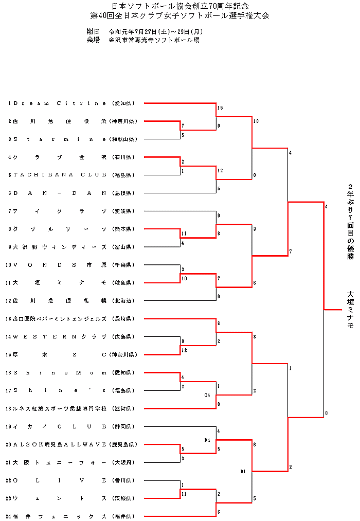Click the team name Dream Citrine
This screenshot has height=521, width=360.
coord(60,103)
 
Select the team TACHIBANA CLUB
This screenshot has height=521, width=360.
coord(60,175)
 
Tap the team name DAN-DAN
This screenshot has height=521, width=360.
coord(60,193)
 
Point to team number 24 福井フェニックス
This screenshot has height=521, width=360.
coord(60,516)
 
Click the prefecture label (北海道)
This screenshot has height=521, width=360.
coord(123,300)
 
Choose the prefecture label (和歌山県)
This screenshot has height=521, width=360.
coord(123,139)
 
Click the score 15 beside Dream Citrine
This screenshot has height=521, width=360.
coord(220,108)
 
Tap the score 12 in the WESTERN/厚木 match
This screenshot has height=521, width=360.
coord(184,350)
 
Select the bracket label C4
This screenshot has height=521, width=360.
coord(207,395)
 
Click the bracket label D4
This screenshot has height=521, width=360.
coord(207,440)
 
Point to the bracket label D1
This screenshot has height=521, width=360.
coord(243,471)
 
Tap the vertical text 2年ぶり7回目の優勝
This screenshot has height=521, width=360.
coord(350,221)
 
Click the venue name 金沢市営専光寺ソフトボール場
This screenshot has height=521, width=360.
coord(154,40)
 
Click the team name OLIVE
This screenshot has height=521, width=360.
coord(60,480)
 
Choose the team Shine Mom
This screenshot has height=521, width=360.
coord(60,372)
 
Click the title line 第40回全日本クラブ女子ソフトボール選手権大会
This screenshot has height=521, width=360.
coord(179,15)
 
